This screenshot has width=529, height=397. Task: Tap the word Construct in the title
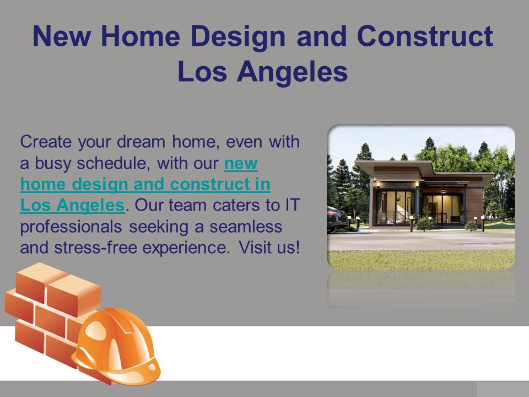(x=425, y=36)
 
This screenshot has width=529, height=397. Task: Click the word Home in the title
(x=140, y=36)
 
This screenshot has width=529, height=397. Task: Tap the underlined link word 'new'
(x=241, y=163)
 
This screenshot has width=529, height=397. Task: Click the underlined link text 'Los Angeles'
(x=73, y=206)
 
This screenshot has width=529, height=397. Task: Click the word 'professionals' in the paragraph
(x=71, y=227)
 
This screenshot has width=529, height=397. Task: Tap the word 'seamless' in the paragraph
(x=246, y=227)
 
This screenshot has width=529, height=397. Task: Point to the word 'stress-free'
(x=95, y=248)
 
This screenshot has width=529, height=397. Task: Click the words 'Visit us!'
(x=269, y=248)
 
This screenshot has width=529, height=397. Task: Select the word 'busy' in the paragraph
(x=53, y=164)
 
